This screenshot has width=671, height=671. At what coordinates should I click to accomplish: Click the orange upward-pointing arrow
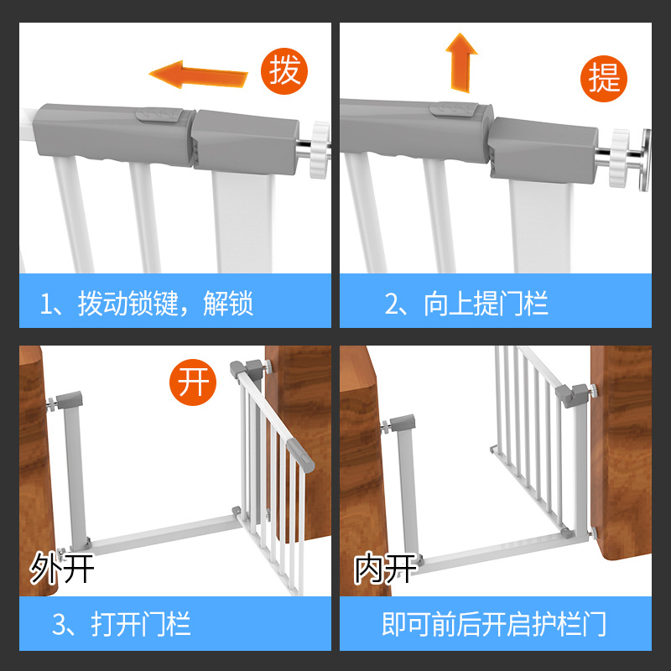pos(460,61)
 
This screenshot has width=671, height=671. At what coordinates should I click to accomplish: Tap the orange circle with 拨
pos(284,70)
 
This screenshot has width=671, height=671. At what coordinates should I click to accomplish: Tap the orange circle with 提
pos(604,78)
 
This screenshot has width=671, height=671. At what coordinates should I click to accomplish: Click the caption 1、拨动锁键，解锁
pos(147,304)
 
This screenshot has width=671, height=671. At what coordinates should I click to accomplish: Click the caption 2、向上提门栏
pos(466,304)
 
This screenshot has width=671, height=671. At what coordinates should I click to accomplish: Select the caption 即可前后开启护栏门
pos(494,624)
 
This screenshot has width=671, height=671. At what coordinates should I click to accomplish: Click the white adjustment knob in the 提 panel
pos(621,158)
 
